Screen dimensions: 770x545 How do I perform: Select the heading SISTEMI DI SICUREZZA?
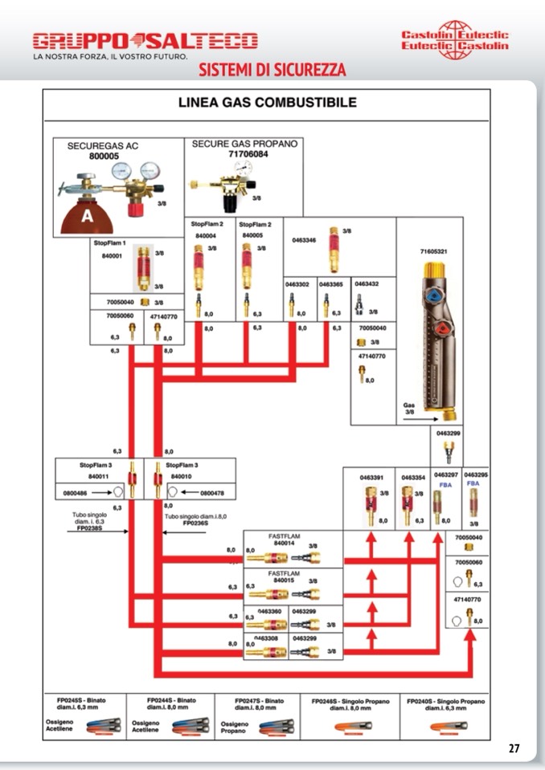point(272,70)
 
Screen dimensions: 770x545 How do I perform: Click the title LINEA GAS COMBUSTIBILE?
point(267,103)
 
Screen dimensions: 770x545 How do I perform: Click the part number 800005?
point(104,157)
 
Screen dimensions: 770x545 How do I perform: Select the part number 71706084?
point(247,154)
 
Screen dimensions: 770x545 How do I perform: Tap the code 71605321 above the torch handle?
point(433,251)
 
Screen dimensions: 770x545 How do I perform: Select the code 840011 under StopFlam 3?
point(88,476)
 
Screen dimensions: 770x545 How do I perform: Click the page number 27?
point(514,749)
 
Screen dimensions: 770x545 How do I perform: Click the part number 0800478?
point(211,493)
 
